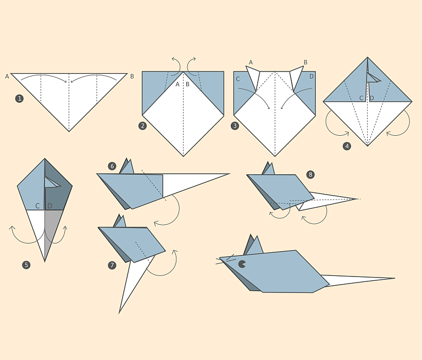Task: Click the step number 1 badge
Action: pos(19,98)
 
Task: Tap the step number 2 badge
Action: pos(143,126)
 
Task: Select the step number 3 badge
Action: pos(235,126)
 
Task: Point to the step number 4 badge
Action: pos(347,146)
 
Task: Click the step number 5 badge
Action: pos(26,265)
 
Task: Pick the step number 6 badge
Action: pos(112,166)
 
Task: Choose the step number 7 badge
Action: pos(112,265)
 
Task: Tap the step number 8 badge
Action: pos(310,174)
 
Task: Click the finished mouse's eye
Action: pos(242,264)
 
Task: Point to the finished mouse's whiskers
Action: pos(225,259)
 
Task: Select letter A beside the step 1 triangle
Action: pos(7,77)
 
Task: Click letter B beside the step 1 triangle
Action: pos(132,76)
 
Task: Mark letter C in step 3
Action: pos(237,79)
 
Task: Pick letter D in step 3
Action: pos(312,76)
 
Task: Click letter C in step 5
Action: pos(37,206)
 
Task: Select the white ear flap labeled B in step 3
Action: pos(296,77)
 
